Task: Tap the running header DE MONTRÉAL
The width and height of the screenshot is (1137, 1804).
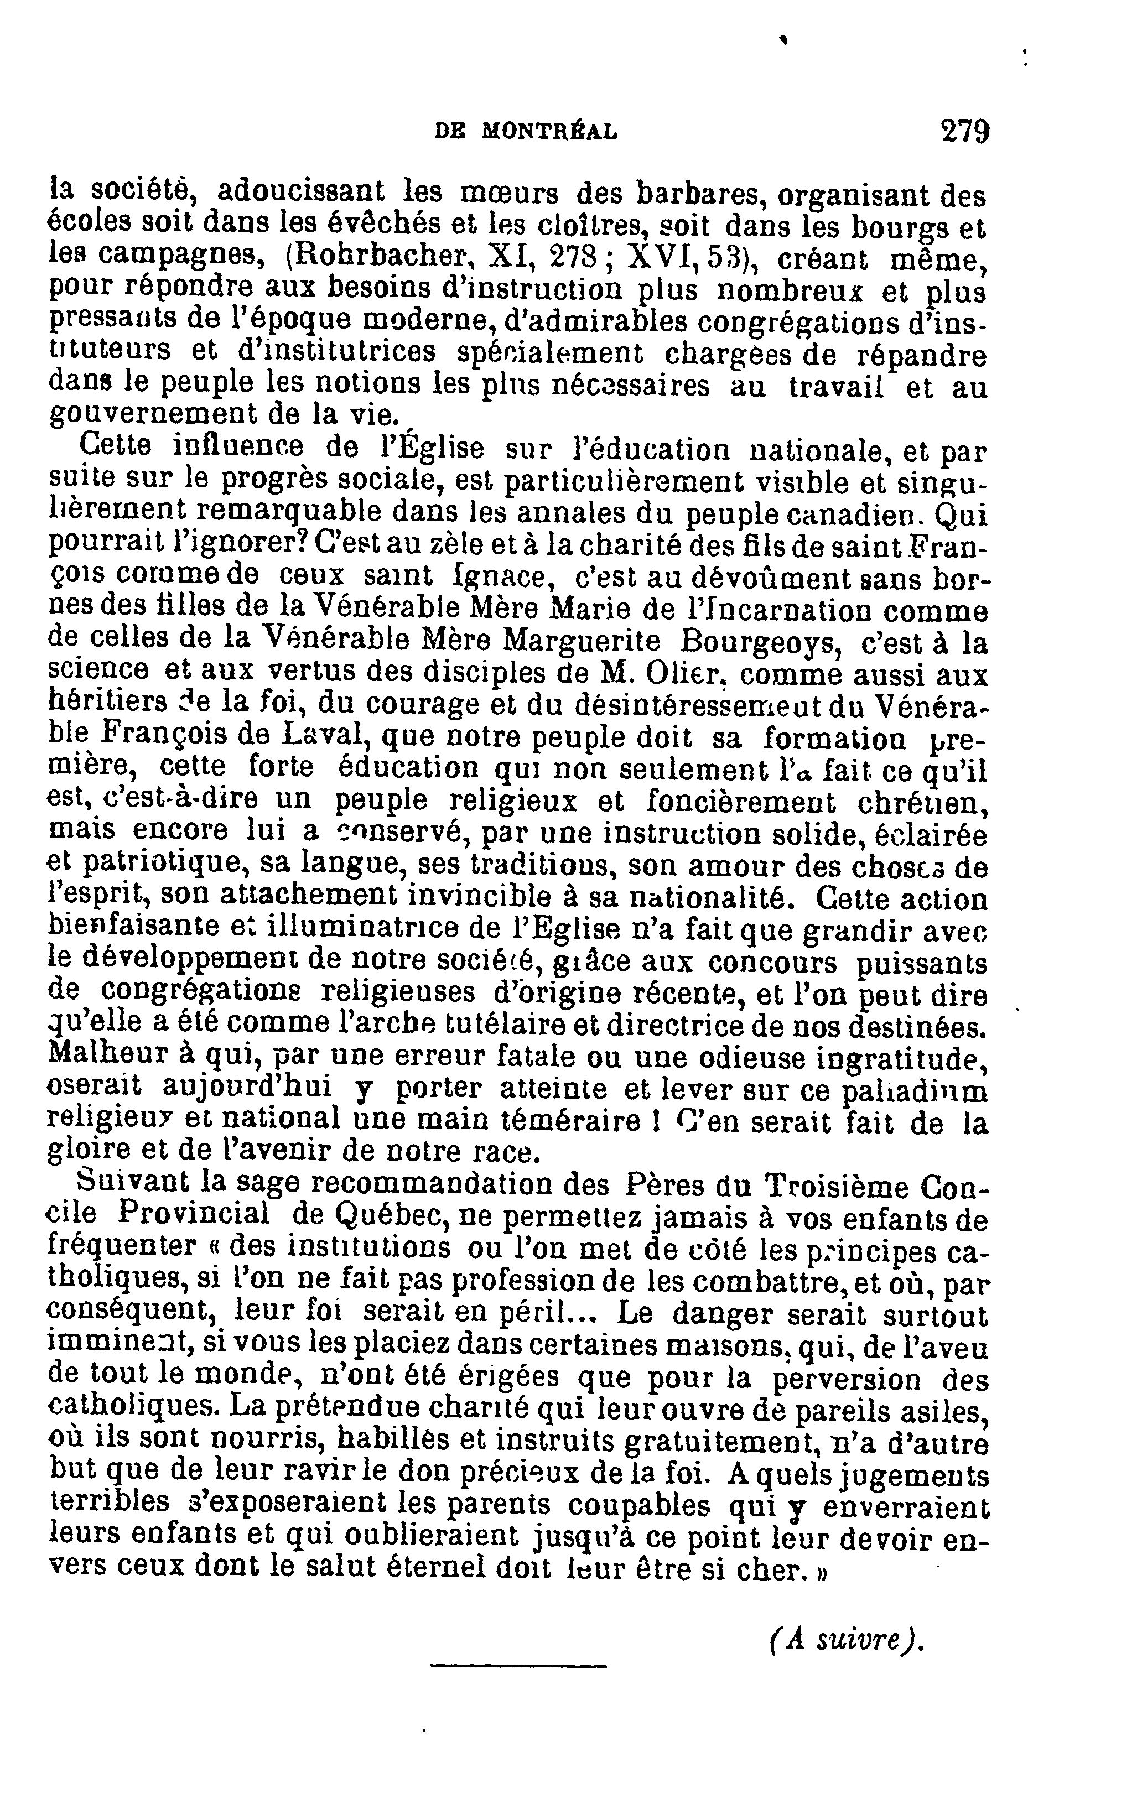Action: click(x=526, y=133)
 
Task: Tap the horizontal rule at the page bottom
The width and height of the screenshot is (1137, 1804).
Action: click(x=518, y=1686)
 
